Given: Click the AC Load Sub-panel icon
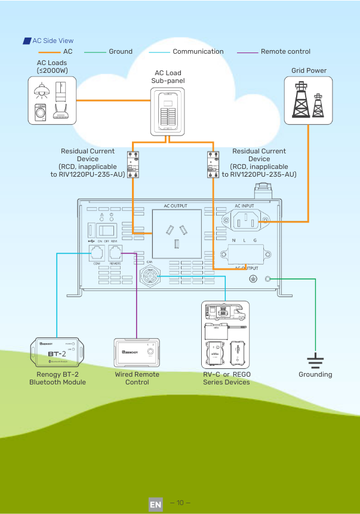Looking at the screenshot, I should [x=168, y=111].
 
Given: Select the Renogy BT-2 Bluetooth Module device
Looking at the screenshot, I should [x=57, y=353].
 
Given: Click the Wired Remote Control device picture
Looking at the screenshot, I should [x=137, y=353].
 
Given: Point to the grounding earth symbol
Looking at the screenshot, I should [x=315, y=359].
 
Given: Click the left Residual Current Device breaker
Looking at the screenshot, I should [x=133, y=164].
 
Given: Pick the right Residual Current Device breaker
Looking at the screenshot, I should [x=213, y=164].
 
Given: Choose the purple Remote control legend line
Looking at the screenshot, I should [x=247, y=52].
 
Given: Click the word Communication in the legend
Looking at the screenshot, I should [x=198, y=51].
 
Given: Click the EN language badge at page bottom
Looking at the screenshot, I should [x=155, y=504].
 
